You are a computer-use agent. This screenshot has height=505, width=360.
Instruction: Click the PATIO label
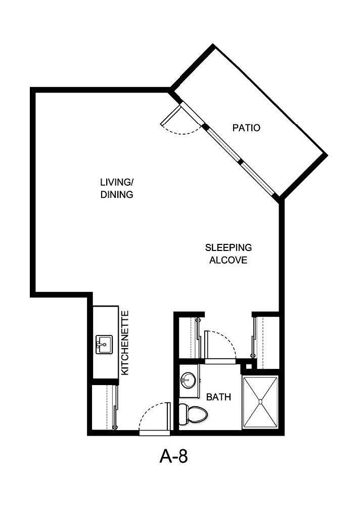(x=246, y=128)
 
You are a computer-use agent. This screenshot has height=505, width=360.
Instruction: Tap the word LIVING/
(x=117, y=183)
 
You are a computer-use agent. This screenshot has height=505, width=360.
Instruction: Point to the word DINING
(x=117, y=194)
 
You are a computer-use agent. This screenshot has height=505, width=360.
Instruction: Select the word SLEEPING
(x=229, y=248)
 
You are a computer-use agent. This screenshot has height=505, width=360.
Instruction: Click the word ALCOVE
(x=229, y=260)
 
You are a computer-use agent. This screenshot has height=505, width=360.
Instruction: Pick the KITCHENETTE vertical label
(x=125, y=343)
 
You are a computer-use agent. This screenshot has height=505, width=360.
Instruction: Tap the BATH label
(x=219, y=397)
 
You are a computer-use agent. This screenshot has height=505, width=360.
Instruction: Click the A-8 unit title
(x=174, y=457)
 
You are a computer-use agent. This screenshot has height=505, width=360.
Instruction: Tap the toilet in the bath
(x=195, y=414)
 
